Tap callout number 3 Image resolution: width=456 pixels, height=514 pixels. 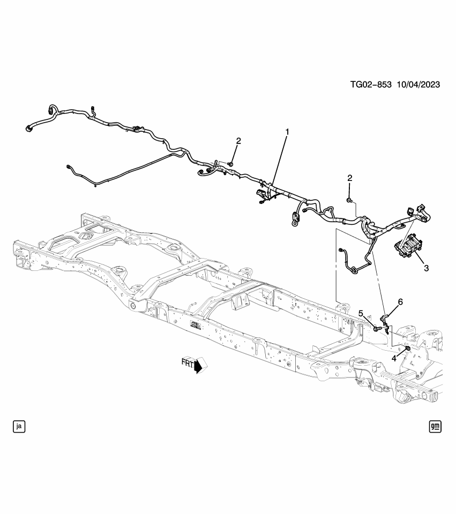[x=427, y=268]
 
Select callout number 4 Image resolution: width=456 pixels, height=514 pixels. [x=394, y=358]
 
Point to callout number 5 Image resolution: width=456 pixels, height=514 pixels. [x=361, y=313]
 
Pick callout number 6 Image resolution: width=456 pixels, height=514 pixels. [x=400, y=302]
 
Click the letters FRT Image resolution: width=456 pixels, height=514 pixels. [x=188, y=364]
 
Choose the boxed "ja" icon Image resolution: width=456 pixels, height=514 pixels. [x=19, y=426]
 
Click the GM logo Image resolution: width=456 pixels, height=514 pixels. [x=435, y=426]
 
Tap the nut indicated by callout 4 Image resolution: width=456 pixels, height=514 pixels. [x=407, y=349]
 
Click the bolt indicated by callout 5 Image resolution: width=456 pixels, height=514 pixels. [x=377, y=328]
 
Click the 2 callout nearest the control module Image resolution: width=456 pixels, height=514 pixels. [x=350, y=178]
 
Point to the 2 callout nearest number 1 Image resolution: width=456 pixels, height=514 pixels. [x=238, y=141]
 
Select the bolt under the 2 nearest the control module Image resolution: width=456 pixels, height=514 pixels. [x=349, y=200]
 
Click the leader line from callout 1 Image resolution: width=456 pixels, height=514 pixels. [x=280, y=161]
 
